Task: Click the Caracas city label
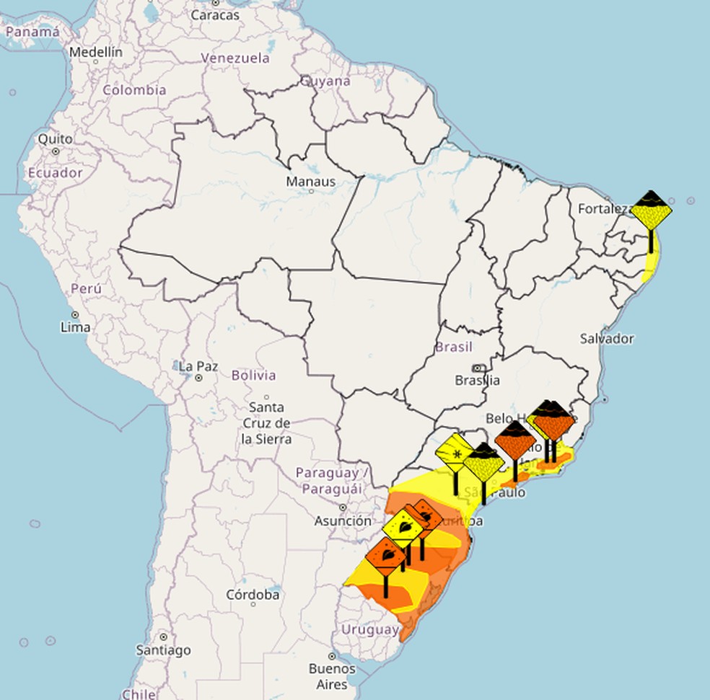(215, 14)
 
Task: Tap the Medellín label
(96, 53)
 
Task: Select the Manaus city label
(310, 182)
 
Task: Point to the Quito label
(56, 139)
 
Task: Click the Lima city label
(76, 327)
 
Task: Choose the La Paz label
(198, 367)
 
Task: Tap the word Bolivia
(253, 376)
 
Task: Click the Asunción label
(343, 520)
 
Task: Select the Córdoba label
(253, 595)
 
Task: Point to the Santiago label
(164, 650)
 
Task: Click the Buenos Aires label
(332, 676)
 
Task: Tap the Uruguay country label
(370, 630)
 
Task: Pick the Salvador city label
(607, 339)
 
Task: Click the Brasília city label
(477, 380)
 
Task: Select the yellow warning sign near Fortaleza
(651, 211)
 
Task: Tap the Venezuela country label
(235, 58)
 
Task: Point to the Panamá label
(32, 32)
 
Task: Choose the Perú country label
(86, 289)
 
